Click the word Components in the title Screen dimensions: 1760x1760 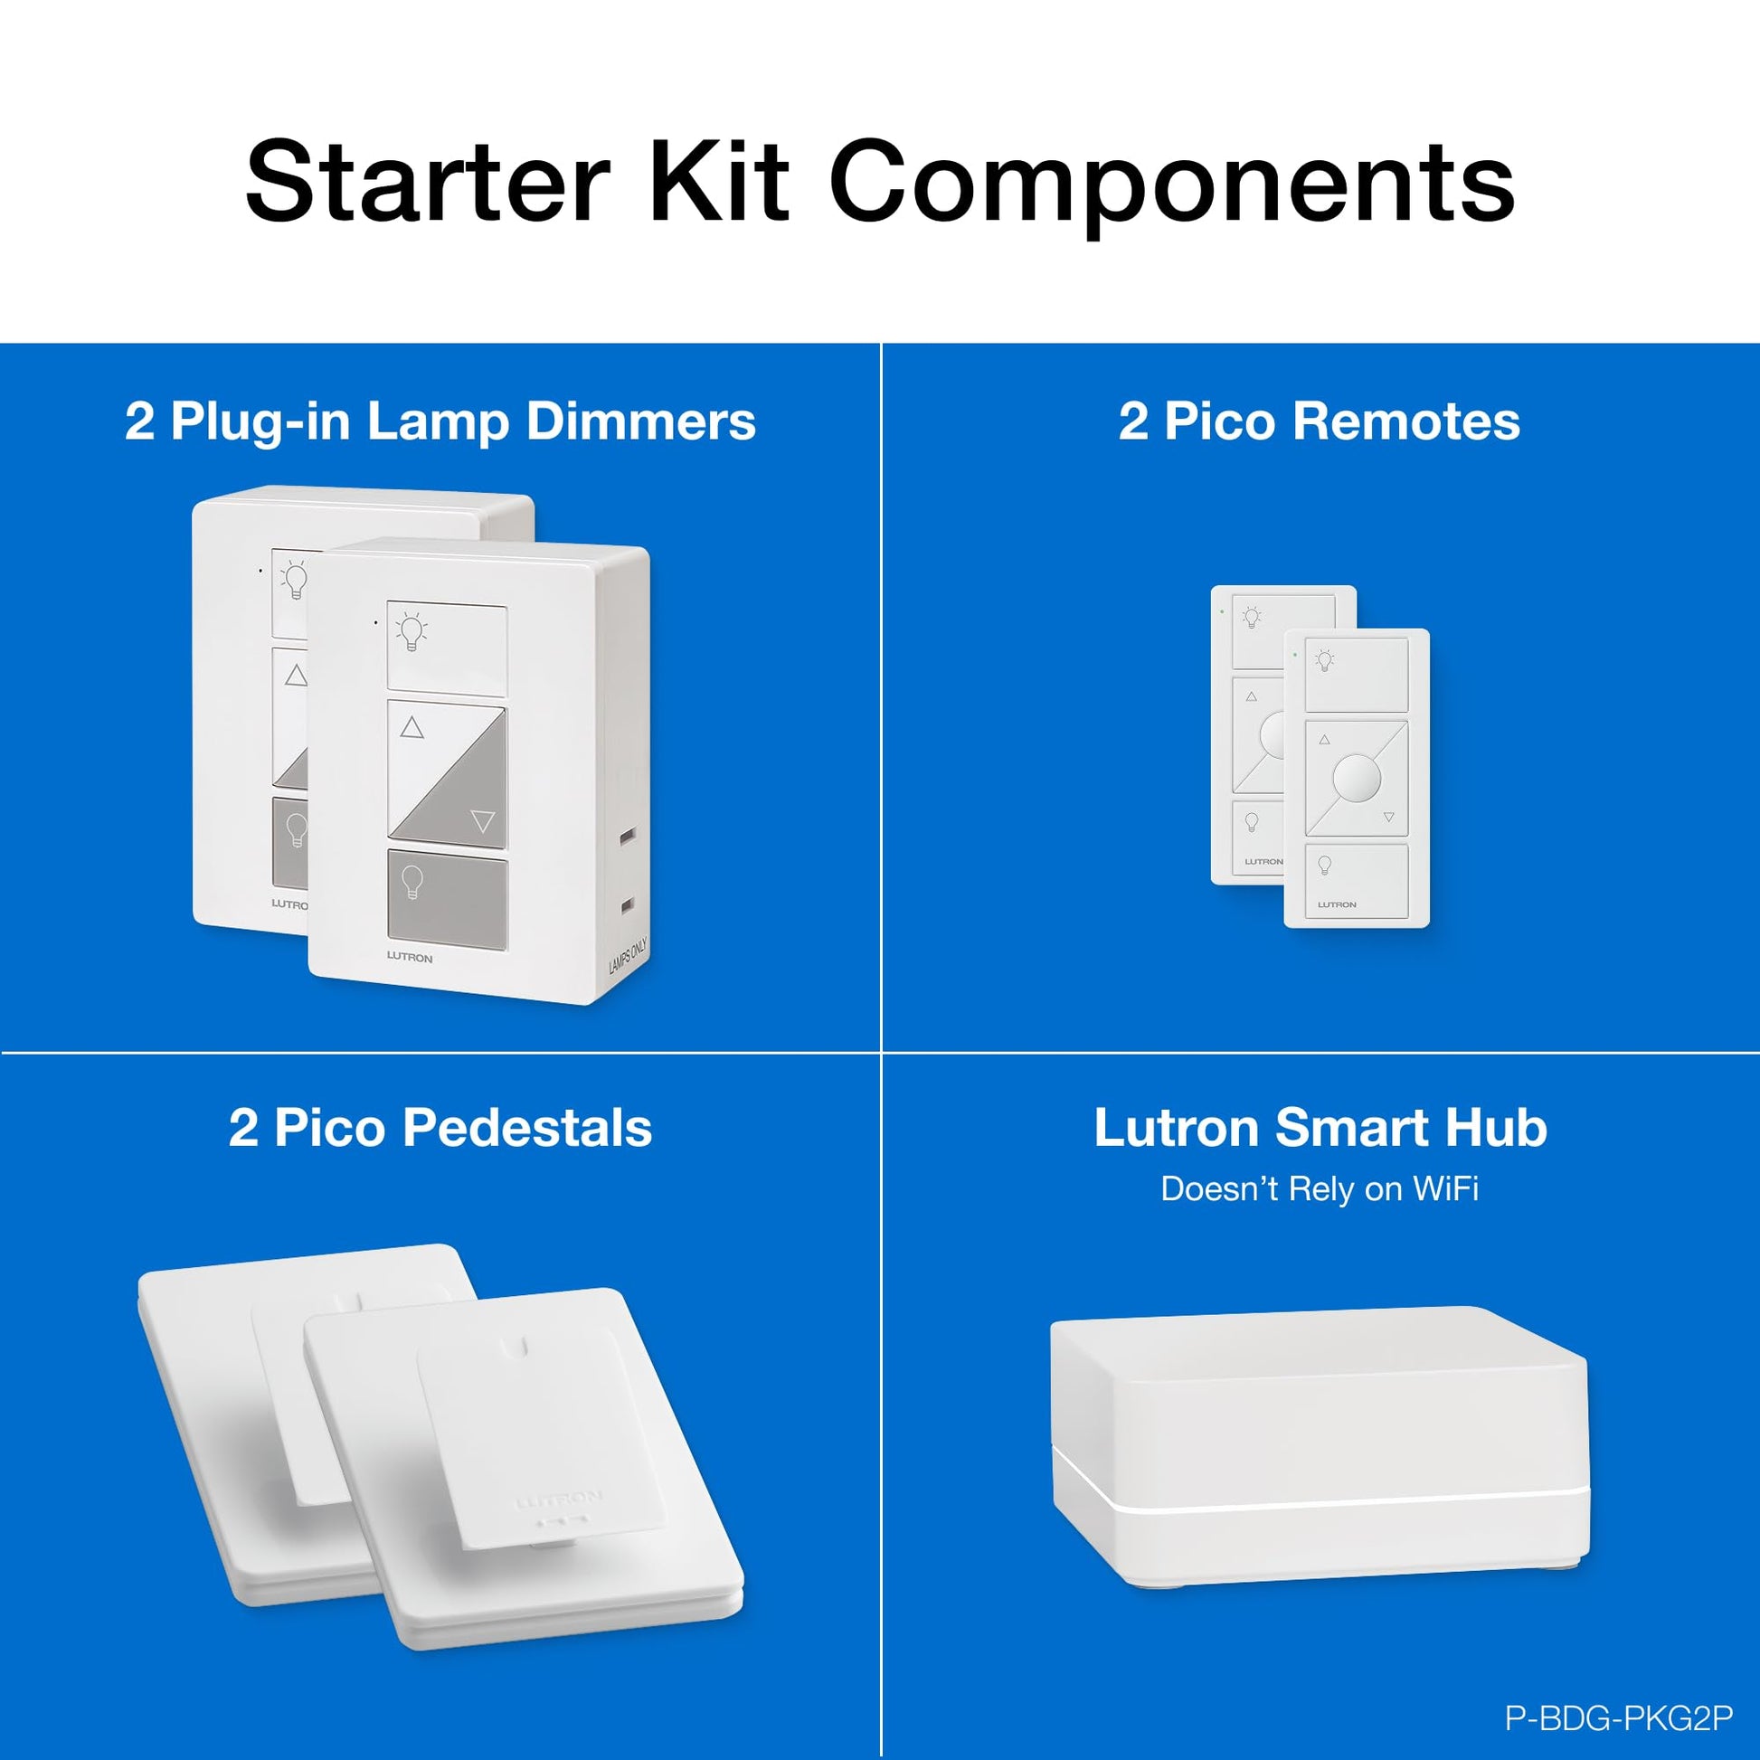(x=1171, y=185)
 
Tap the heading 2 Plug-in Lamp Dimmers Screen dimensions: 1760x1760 (x=440, y=422)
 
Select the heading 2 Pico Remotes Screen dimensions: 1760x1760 (x=1319, y=421)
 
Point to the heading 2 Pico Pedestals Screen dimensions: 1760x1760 (x=440, y=1128)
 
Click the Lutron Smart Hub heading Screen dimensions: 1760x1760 (x=1320, y=1128)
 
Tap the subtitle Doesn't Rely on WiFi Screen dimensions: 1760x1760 (x=1319, y=1188)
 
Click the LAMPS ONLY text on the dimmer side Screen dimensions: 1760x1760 (x=628, y=954)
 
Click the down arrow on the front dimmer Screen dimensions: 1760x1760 (x=483, y=822)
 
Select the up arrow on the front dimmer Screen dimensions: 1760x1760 (x=412, y=727)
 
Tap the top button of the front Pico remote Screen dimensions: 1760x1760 (x=1357, y=674)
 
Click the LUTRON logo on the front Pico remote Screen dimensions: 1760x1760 (x=1337, y=904)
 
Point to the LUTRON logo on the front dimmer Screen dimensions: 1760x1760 (x=410, y=958)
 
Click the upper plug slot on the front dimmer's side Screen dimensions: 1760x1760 (x=627, y=835)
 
